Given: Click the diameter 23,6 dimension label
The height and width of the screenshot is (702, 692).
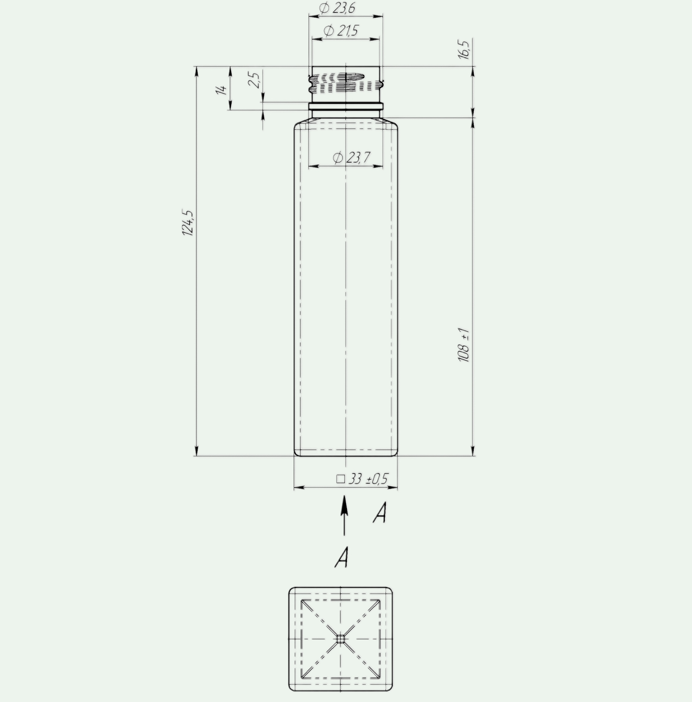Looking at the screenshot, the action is tap(337, 8).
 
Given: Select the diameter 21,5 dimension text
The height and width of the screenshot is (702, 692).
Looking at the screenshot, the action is tap(341, 31).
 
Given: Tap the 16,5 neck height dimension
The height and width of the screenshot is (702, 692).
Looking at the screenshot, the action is tap(464, 49).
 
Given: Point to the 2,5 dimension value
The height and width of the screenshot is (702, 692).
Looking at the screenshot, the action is tap(254, 80).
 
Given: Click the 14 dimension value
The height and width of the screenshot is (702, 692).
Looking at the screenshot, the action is tap(222, 88).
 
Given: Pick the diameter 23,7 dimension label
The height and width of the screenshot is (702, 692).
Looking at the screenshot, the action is tap(351, 157).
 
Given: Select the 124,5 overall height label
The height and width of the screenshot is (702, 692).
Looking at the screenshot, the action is tap(188, 222).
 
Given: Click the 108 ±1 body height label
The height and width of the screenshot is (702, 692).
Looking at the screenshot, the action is tap(464, 345).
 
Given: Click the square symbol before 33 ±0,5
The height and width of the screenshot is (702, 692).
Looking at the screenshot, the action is tap(340, 479).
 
